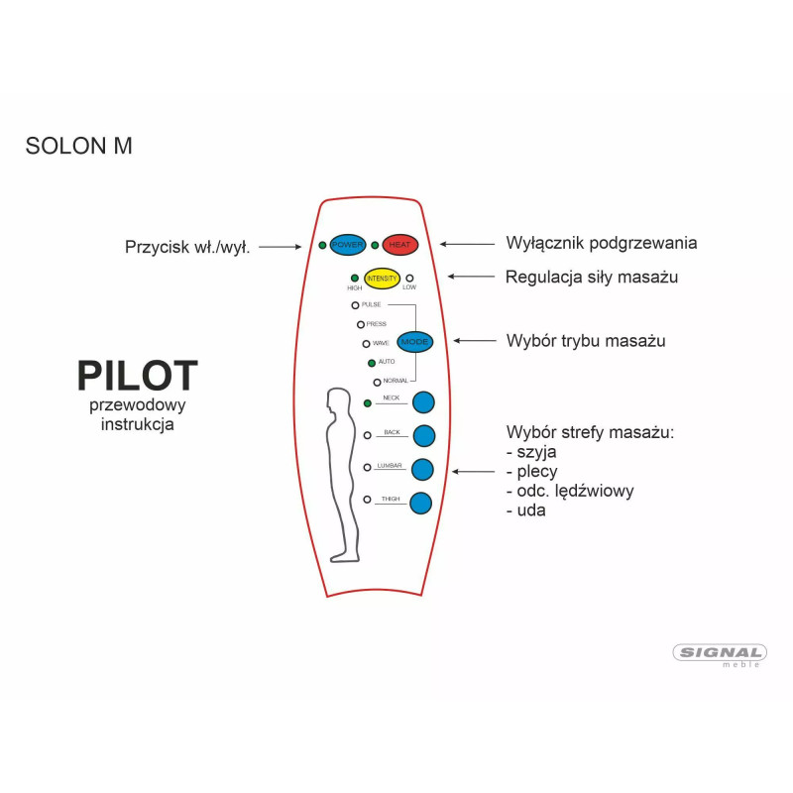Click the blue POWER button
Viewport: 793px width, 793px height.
[x=348, y=245]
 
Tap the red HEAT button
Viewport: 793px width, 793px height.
[x=400, y=245]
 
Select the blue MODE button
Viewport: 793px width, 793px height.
[x=416, y=341]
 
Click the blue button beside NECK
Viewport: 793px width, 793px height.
[x=424, y=401]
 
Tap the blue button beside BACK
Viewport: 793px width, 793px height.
[x=424, y=435]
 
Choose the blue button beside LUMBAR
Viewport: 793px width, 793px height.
[x=423, y=469]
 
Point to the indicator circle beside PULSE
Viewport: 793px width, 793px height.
[x=355, y=305]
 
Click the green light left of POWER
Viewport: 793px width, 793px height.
[x=323, y=245]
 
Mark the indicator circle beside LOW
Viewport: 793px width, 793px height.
[x=408, y=279]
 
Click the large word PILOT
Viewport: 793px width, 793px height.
[x=138, y=377]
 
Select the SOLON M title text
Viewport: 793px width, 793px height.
[x=78, y=146]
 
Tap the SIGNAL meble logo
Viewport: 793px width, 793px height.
[x=720, y=654]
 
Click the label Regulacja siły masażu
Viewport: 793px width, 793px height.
[x=592, y=278]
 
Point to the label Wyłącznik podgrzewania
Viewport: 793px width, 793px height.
[x=601, y=243]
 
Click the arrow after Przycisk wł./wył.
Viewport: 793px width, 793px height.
[x=279, y=247]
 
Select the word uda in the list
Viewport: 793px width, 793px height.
[x=530, y=510]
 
